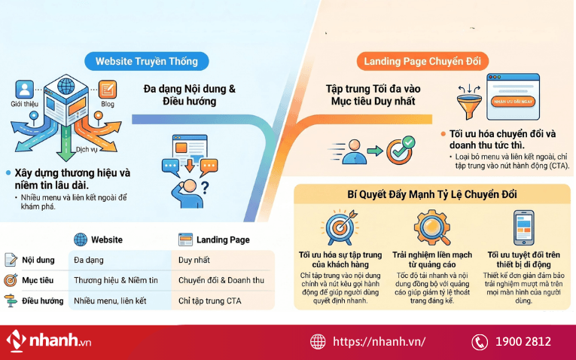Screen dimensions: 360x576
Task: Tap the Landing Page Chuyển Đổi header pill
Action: click(x=426, y=61)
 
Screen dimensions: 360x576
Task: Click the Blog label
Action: click(x=107, y=104)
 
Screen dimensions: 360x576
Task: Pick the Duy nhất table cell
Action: click(x=194, y=260)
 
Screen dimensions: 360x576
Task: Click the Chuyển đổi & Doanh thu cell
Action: click(x=221, y=280)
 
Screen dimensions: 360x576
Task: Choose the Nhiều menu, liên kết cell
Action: click(x=110, y=301)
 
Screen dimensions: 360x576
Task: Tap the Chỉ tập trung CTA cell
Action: click(x=211, y=301)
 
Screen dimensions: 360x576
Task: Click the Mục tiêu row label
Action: click(x=38, y=280)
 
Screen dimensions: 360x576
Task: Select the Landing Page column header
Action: click(x=223, y=239)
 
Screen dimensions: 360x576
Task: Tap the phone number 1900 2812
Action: click(x=523, y=342)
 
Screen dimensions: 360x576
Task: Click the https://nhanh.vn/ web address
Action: click(x=379, y=342)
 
